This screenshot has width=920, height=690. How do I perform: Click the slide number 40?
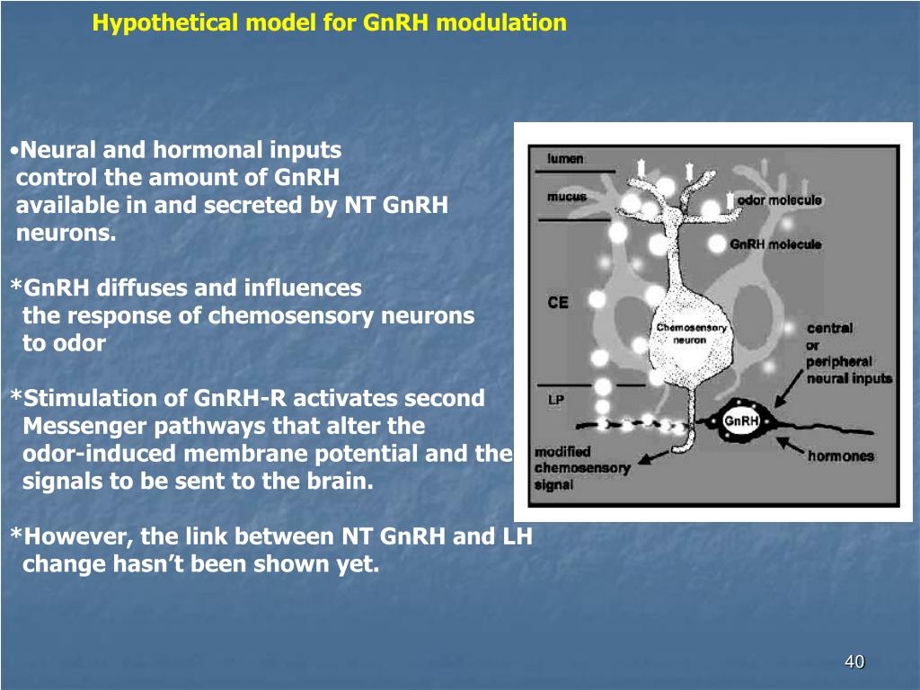tap(854, 662)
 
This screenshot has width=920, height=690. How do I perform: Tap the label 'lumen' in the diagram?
tap(565, 159)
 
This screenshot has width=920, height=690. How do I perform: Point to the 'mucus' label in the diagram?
tap(567, 197)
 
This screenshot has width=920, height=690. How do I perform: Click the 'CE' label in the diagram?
tap(558, 303)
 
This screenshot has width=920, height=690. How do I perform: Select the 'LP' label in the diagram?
tap(556, 398)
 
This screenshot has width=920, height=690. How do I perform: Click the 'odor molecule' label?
tap(780, 200)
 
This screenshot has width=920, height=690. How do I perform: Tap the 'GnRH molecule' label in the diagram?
tap(775, 244)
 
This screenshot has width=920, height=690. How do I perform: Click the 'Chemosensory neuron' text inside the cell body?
tap(691, 334)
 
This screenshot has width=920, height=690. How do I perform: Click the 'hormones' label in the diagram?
tap(841, 456)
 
